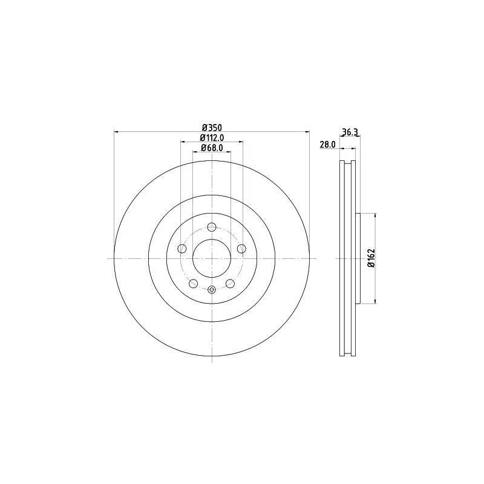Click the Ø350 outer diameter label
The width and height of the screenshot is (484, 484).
[x=212, y=127]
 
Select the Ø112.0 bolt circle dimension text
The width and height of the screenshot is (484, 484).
[x=212, y=137]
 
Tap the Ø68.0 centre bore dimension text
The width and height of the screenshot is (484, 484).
[x=212, y=148]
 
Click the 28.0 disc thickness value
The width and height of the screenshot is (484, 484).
[x=327, y=145]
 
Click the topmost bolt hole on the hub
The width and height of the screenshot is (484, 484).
[x=211, y=227]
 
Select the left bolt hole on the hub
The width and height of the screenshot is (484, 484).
[x=181, y=249]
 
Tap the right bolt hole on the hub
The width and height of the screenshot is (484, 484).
[x=241, y=249]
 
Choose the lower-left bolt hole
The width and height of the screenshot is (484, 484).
[x=193, y=284]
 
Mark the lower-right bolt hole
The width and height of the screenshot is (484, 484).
[x=230, y=284]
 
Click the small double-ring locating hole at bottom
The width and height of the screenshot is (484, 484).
[x=211, y=290]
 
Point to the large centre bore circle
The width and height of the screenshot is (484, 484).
[x=211, y=258]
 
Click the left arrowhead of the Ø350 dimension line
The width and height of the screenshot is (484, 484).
[x=117, y=132]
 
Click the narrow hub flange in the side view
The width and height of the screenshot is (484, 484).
[x=358, y=258]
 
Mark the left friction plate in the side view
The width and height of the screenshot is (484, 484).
[x=342, y=258]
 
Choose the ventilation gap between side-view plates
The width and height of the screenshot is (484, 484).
[x=348, y=258]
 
